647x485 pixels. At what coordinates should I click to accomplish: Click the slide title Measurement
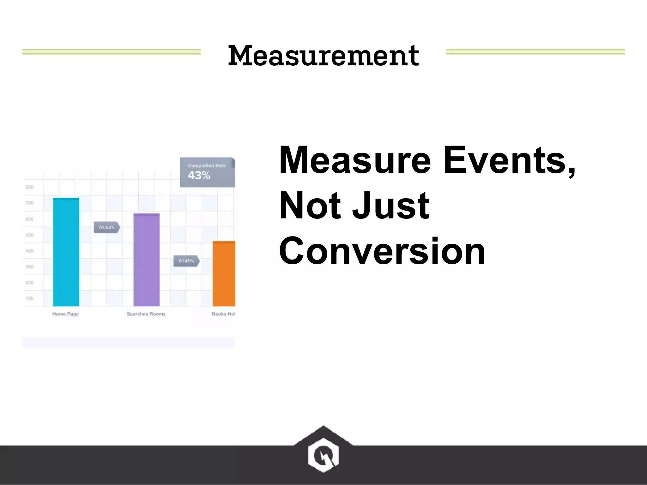[x=323, y=56]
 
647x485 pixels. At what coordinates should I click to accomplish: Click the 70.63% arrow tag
[x=106, y=227]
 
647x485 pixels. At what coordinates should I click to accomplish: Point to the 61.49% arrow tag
[x=186, y=261]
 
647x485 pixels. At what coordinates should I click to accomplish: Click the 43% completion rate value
[x=199, y=175]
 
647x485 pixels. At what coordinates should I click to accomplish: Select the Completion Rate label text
[x=207, y=165]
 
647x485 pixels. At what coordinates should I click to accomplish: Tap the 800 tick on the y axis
[x=29, y=187]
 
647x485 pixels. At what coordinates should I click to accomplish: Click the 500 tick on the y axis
[x=29, y=235]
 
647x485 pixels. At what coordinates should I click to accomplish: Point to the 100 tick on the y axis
[x=29, y=298]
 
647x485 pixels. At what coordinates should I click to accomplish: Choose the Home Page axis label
[x=65, y=314]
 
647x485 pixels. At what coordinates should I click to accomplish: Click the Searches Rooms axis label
[x=146, y=314]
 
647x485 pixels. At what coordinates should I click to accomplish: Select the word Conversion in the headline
[x=382, y=252]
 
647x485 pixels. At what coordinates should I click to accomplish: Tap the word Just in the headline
[x=390, y=206]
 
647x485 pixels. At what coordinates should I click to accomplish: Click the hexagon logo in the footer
[x=323, y=455]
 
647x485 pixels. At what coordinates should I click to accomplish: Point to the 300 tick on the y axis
[x=29, y=267]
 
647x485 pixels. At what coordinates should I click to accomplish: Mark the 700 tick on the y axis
[x=29, y=203]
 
